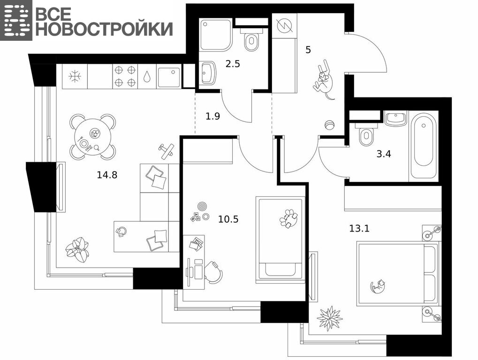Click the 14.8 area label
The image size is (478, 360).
click(x=107, y=175)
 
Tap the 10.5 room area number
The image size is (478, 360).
click(x=228, y=219)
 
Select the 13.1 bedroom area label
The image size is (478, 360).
click(x=359, y=228)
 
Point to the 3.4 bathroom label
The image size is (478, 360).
click(x=384, y=154)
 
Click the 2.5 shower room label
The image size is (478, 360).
click(x=233, y=64)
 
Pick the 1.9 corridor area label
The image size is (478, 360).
click(x=213, y=116)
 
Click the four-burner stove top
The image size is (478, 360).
click(x=125, y=76)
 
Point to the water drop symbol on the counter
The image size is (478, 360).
click(x=147, y=76)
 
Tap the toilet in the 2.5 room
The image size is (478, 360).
click(x=251, y=39)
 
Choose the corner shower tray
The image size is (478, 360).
click(x=216, y=34)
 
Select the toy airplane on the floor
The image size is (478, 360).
click(x=166, y=150)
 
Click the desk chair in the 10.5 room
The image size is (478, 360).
click(x=213, y=272)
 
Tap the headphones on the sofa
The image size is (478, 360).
click(x=121, y=232)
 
